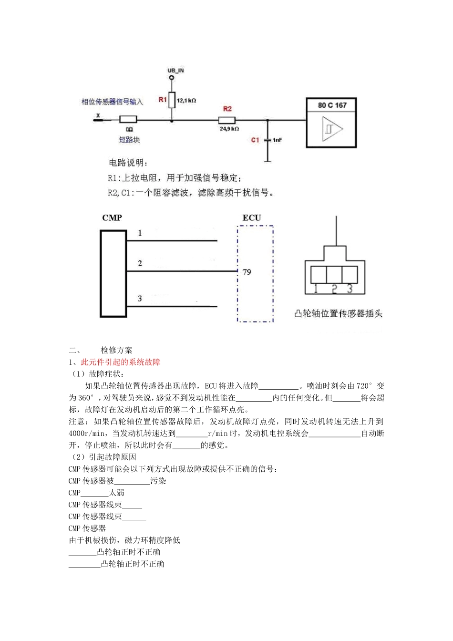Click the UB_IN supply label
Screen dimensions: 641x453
(x=175, y=71)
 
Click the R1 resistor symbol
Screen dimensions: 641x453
(x=172, y=100)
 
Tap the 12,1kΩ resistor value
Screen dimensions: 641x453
(x=186, y=101)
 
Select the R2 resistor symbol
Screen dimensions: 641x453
(x=227, y=120)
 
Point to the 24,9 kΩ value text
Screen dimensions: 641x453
(x=229, y=129)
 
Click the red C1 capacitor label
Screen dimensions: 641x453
(x=255, y=140)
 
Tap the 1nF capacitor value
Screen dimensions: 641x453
(x=277, y=140)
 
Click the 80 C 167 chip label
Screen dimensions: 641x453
(x=332, y=105)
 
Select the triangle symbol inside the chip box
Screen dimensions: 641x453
(x=332, y=129)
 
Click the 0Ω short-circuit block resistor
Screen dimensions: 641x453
(x=128, y=120)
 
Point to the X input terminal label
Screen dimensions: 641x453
(x=98, y=115)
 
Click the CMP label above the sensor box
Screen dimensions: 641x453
(x=112, y=218)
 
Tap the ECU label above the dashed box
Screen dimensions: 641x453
(x=251, y=218)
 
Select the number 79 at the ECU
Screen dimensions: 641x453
(x=247, y=272)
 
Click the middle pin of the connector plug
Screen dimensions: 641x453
(x=334, y=274)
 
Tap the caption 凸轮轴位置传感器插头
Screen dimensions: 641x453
(x=338, y=313)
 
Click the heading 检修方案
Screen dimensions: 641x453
(x=116, y=350)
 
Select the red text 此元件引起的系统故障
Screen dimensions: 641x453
(x=121, y=362)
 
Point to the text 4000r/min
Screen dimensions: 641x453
(x=87, y=433)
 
